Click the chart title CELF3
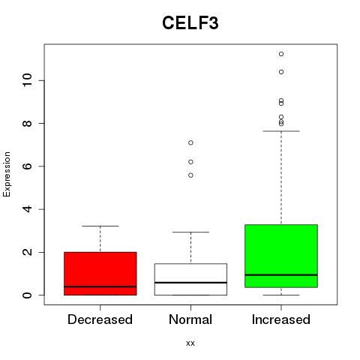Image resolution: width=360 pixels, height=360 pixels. click(x=190, y=23)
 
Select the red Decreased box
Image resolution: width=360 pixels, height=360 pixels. click(x=100, y=274)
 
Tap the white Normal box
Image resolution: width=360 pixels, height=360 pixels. click(x=190, y=279)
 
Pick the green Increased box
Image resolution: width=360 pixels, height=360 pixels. click(x=281, y=256)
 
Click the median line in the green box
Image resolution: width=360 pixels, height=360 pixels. click(x=281, y=274)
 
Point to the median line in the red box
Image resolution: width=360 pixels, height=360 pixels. click(x=100, y=286)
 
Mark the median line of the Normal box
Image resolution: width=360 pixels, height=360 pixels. click(x=190, y=283)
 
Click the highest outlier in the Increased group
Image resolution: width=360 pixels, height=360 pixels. click(x=281, y=54)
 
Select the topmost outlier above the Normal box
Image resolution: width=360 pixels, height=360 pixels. click(x=190, y=142)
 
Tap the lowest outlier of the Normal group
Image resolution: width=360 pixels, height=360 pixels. click(x=190, y=175)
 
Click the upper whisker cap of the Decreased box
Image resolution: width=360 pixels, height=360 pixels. click(x=100, y=226)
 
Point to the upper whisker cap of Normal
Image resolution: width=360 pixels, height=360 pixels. click(x=190, y=232)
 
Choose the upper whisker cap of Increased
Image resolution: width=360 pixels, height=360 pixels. click(x=281, y=131)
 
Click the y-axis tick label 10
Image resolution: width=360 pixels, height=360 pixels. click(x=27, y=80)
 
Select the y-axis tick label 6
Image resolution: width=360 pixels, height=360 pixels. click(x=27, y=166)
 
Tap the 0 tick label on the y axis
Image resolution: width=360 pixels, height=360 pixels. click(x=27, y=295)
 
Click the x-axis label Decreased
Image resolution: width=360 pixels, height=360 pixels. click(x=100, y=319)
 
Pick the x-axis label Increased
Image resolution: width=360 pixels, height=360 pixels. click(x=281, y=319)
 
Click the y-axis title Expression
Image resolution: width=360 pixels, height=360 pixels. click(x=7, y=174)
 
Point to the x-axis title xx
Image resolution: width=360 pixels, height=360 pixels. click(x=190, y=343)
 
